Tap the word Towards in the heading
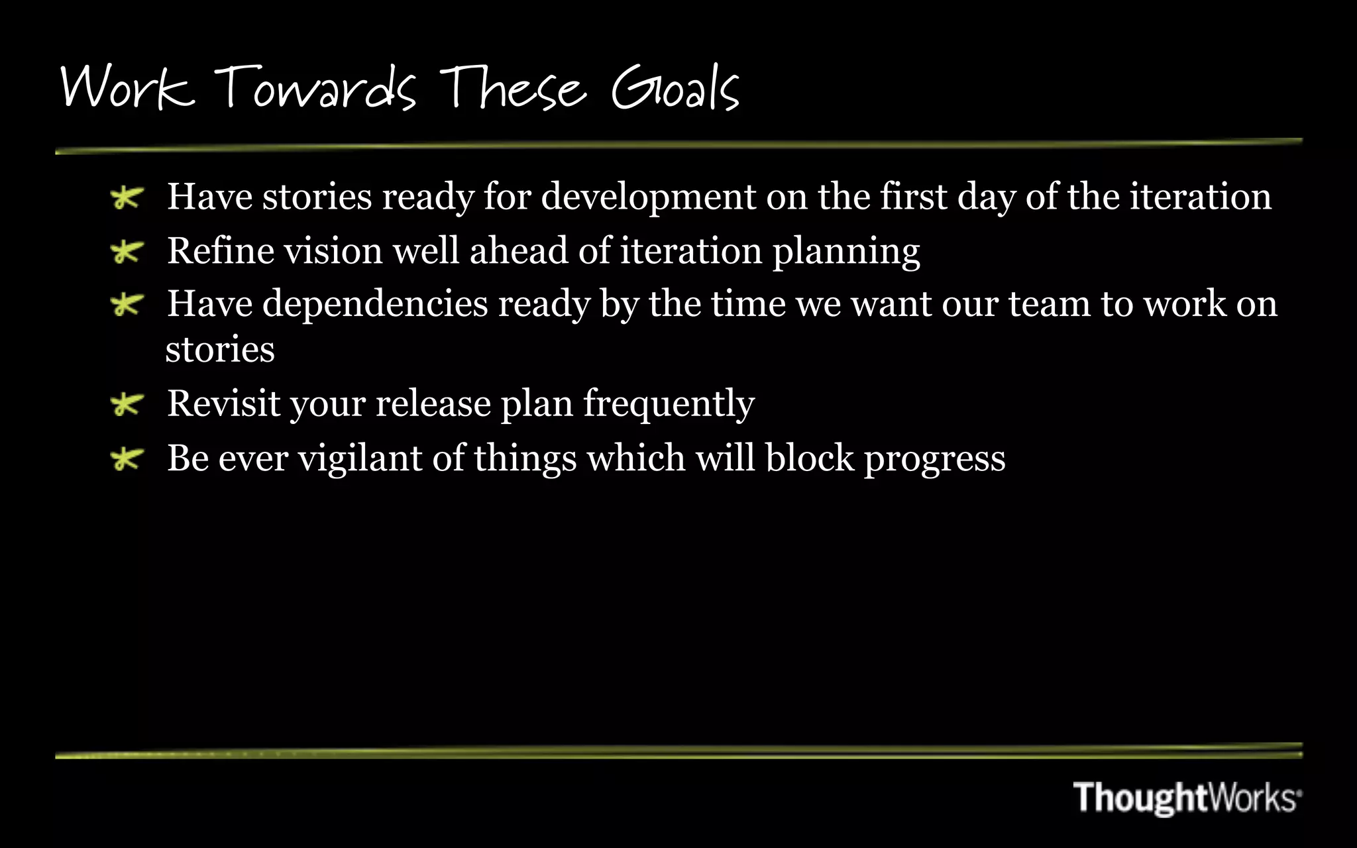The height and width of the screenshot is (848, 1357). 315,89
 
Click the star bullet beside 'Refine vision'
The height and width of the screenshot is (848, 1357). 127,252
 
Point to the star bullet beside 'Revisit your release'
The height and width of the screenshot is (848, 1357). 127,404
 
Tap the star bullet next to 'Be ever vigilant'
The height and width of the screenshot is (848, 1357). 127,458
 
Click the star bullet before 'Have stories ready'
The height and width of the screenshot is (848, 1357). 127,197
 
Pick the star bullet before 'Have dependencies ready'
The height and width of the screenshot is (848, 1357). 127,305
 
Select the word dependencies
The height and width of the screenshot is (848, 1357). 375,305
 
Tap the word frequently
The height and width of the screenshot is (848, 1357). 669,404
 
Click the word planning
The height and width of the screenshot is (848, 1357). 846,252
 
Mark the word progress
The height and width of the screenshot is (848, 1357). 934,458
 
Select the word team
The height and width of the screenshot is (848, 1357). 1049,305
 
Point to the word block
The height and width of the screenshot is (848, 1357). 809,458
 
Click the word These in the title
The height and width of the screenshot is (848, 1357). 513,89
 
